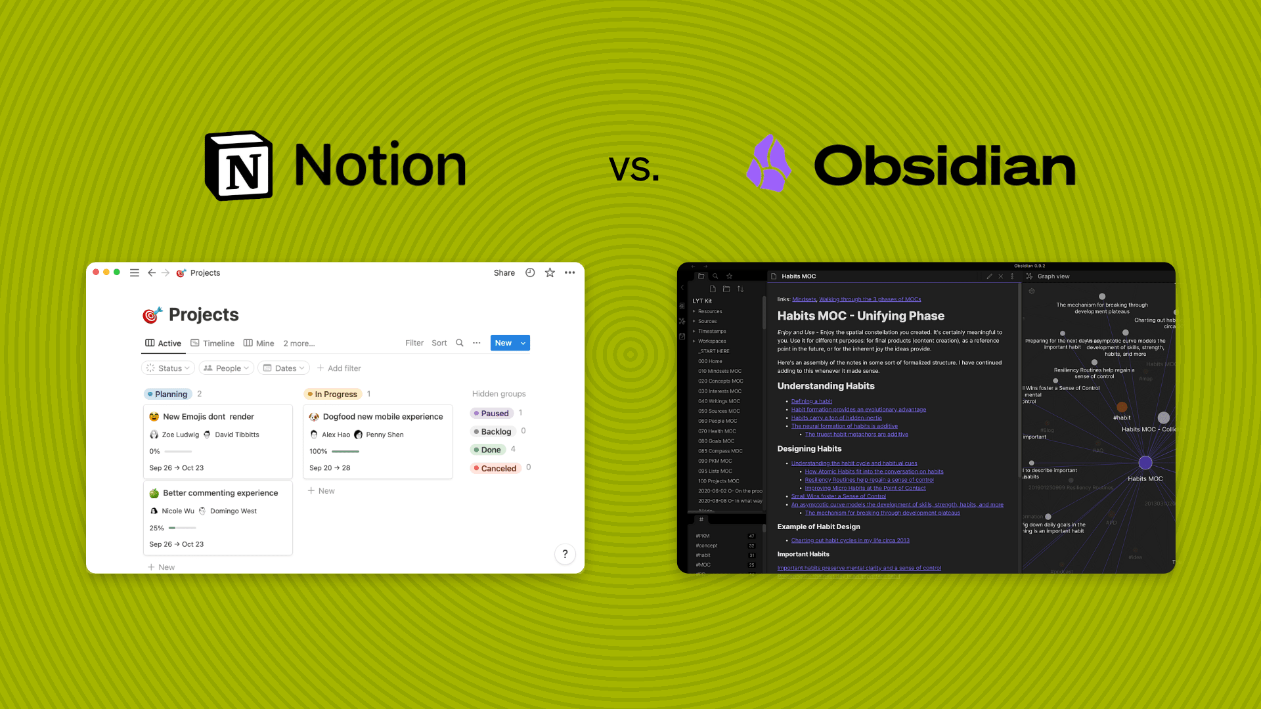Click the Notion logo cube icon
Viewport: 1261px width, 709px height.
(239, 165)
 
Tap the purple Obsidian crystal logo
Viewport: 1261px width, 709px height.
(768, 164)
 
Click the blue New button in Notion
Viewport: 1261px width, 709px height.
(503, 343)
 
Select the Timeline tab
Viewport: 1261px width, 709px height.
(212, 343)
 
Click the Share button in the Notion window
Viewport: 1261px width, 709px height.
(504, 273)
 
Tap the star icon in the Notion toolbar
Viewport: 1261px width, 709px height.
(550, 273)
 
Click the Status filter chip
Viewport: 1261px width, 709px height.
(168, 368)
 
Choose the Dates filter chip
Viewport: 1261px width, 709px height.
(284, 368)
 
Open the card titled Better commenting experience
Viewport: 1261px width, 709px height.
(220, 493)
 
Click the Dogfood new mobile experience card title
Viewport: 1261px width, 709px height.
(382, 417)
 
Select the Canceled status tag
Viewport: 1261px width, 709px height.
(498, 468)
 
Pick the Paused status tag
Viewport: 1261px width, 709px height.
(494, 414)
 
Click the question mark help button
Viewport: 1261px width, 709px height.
(565, 554)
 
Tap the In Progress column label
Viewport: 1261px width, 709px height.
(335, 394)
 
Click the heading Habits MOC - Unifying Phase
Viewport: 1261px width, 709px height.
(860, 316)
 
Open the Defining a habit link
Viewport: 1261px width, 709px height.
(811, 401)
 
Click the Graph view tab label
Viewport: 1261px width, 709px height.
(1053, 276)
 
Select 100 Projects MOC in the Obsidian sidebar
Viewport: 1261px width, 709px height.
(719, 481)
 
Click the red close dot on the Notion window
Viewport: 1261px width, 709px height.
(96, 272)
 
